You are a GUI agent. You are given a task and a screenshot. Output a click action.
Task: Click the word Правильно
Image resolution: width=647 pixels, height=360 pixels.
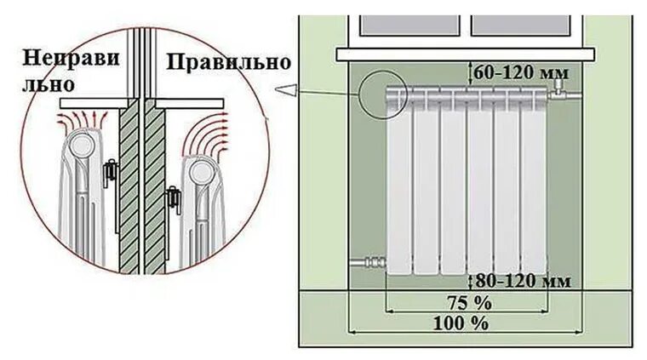[228, 62]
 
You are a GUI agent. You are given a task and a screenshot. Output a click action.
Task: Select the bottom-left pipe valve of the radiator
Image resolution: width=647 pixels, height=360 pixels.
[367, 260]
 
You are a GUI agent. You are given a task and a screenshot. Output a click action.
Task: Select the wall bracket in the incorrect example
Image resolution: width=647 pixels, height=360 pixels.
[109, 174]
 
